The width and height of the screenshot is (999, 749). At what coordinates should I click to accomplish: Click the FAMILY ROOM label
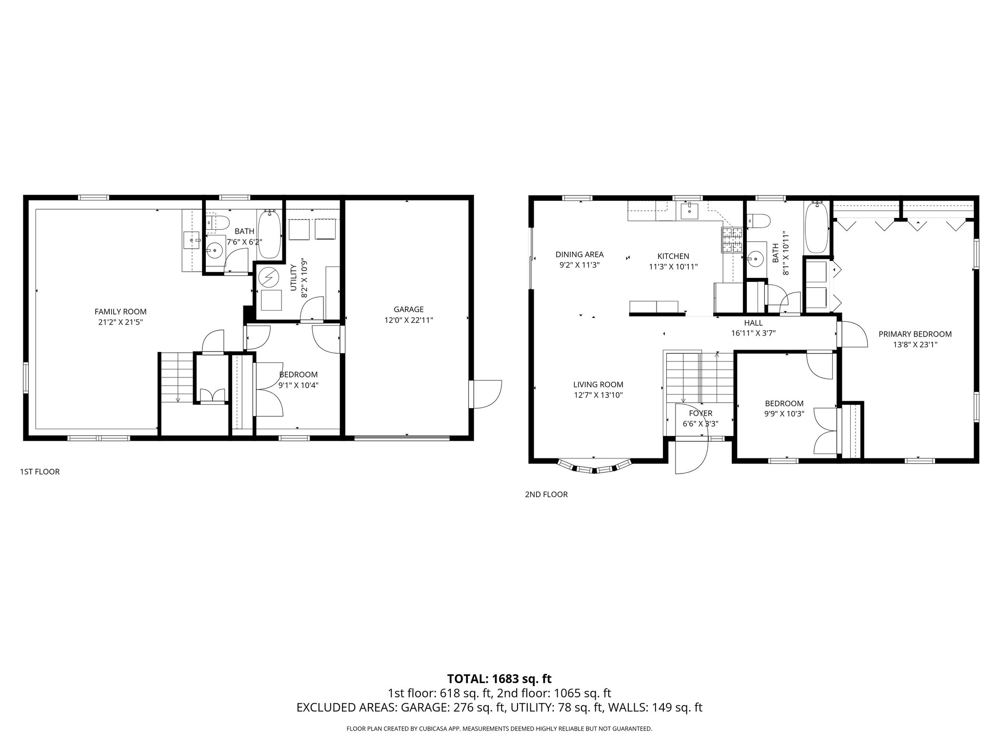coord(120,312)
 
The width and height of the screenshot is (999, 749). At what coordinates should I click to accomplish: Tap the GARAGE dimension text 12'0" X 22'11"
coord(408,320)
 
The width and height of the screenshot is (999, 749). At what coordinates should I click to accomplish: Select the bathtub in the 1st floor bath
coord(269,235)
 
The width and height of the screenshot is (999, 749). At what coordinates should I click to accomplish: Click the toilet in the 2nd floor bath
coord(758,222)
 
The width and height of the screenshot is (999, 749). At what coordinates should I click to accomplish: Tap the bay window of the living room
coord(594,467)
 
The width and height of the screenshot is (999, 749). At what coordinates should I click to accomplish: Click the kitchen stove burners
coord(732,240)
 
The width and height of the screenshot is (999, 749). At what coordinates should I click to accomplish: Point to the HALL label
coord(753,323)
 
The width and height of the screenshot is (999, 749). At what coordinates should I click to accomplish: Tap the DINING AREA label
coord(579,254)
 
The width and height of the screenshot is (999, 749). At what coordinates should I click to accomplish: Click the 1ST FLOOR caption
coord(40,472)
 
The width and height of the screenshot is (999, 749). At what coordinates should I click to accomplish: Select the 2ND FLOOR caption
coord(546,494)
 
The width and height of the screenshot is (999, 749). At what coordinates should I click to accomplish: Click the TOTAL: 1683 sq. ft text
coord(499,678)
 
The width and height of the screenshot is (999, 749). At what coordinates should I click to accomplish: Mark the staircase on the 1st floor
coord(177,377)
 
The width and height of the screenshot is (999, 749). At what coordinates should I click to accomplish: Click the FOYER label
coord(700,413)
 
